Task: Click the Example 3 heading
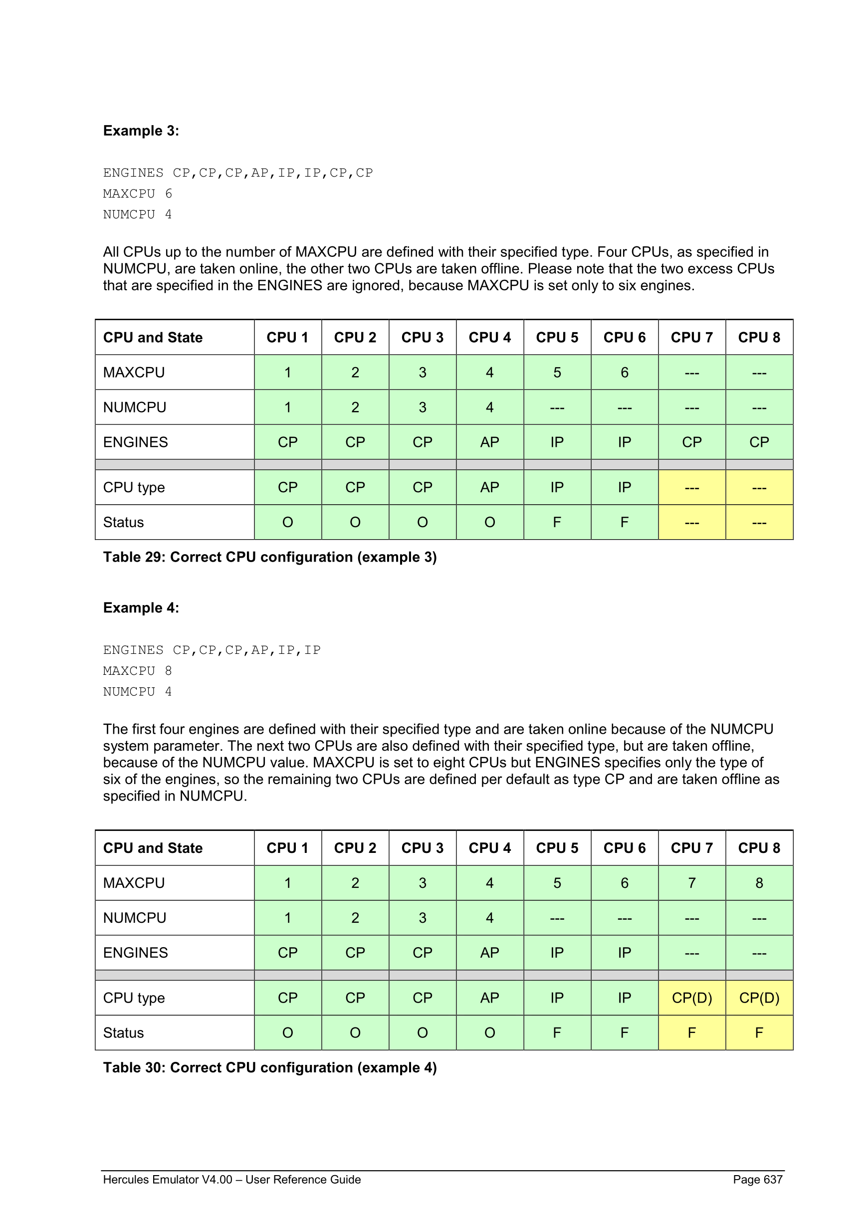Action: (x=141, y=131)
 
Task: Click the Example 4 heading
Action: (x=141, y=608)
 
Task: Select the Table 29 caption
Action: (x=269, y=557)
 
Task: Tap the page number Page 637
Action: (x=757, y=1179)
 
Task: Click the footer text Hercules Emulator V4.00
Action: (x=231, y=1179)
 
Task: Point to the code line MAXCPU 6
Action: (x=137, y=194)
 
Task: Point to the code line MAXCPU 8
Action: (x=137, y=671)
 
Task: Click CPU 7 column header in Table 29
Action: (x=691, y=338)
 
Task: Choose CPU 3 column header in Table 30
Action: (x=423, y=848)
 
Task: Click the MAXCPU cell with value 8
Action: (x=759, y=883)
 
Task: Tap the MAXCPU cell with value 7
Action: (x=691, y=883)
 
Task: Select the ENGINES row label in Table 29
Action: (x=135, y=442)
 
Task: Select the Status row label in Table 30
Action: (x=124, y=1033)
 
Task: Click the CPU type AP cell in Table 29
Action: (x=489, y=487)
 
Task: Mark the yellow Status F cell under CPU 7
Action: (x=691, y=1033)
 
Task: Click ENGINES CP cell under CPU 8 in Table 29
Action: (x=759, y=442)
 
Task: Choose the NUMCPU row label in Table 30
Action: (x=135, y=918)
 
